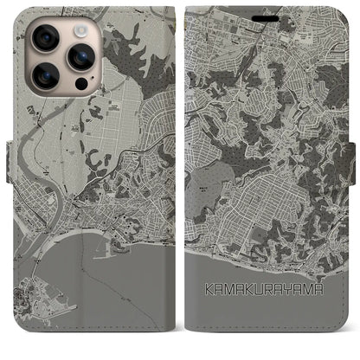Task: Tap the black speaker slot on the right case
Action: pyautogui.click(x=270, y=12)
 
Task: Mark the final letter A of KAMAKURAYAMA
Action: pyautogui.click(x=318, y=291)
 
